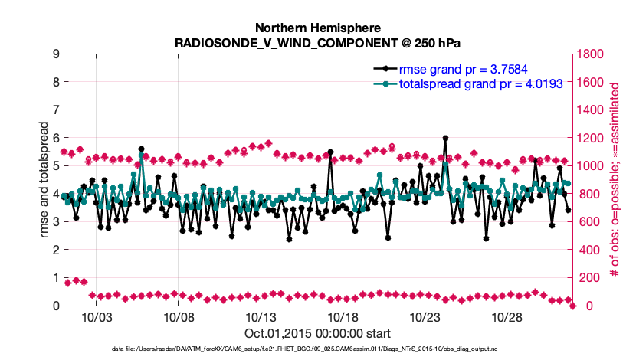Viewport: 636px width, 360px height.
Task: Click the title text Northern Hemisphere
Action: (319, 26)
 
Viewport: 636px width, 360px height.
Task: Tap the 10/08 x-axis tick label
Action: (178, 317)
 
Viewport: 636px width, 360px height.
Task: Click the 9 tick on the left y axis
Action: (56, 54)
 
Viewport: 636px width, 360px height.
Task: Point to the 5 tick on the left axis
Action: (56, 166)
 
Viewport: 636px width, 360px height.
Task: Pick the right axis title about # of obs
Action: (614, 179)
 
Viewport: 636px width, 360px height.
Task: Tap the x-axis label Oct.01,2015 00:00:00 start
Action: (318, 333)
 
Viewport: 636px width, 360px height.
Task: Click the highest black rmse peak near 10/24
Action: (445, 139)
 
